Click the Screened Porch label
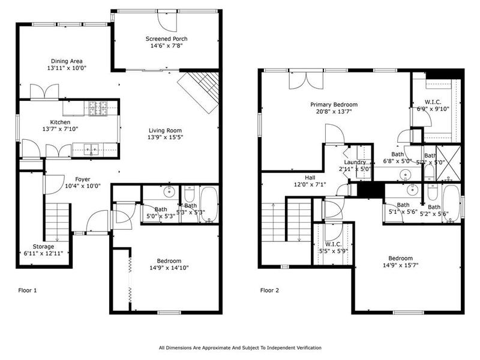[166, 39]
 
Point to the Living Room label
[165, 130]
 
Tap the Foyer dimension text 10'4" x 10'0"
[83, 186]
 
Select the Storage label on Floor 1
[43, 246]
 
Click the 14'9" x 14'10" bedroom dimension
[165, 268]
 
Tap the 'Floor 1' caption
[27, 290]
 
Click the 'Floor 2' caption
[269, 290]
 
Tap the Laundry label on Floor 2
[355, 163]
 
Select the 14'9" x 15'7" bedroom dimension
[400, 265]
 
